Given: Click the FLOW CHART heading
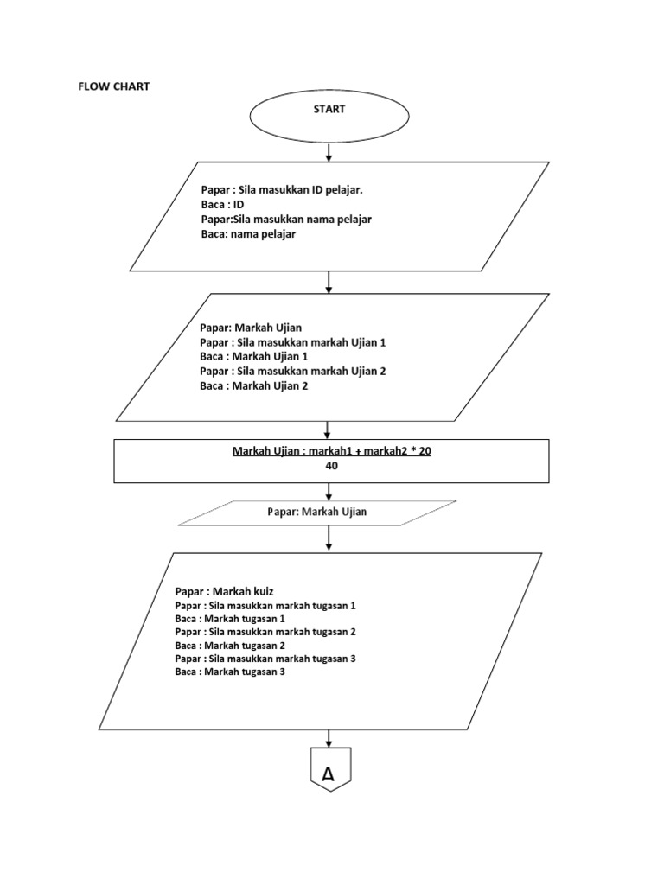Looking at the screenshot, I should click(113, 86).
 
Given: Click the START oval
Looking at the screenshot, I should click(329, 110).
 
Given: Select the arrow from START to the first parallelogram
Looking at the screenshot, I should click(329, 152).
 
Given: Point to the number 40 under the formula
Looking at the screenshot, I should click(331, 466).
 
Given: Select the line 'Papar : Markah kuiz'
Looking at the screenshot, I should click(224, 591).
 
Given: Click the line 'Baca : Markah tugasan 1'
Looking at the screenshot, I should click(229, 620).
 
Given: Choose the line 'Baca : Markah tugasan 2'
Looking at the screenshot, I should click(229, 646).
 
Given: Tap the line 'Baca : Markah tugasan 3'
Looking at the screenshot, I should click(229, 672).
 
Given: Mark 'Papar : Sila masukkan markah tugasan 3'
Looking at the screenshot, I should click(265, 659).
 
